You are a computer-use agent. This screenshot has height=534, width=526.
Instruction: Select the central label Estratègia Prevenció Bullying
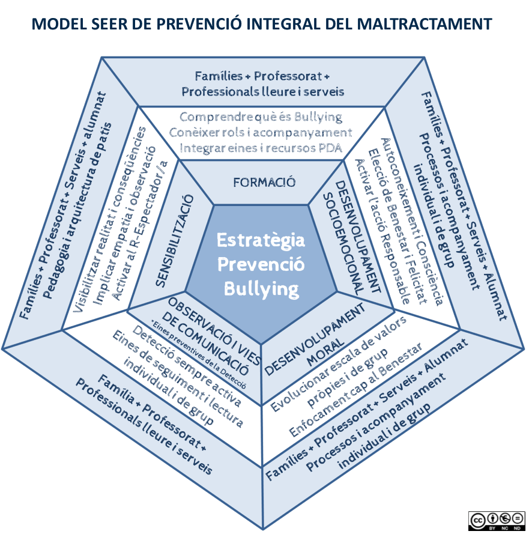coord(261,265)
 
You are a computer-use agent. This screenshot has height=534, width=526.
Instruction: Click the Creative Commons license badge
coord(497,520)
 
